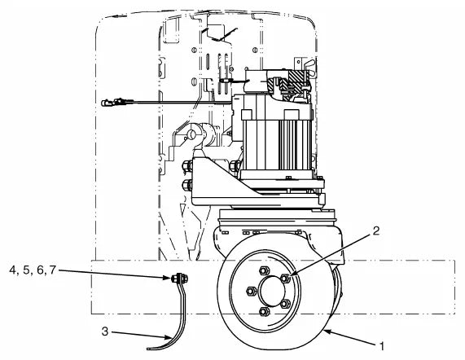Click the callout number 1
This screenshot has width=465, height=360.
tap(382, 346)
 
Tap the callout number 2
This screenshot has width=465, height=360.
tap(375, 231)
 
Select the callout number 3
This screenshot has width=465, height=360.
tap(105, 331)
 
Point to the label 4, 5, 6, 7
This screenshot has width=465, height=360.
tap(33, 270)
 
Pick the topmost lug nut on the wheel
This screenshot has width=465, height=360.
tap(264, 270)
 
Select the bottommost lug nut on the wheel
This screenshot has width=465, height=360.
tap(265, 311)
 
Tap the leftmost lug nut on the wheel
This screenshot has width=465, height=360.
tap(251, 291)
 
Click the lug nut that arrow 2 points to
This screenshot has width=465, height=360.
tap(285, 279)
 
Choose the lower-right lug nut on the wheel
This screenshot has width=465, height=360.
tap(285, 303)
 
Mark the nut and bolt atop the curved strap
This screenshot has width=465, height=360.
tap(179, 279)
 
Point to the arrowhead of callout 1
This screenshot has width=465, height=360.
tap(326, 331)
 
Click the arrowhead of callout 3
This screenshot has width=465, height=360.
tap(169, 337)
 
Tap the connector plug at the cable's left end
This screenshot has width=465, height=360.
tap(112, 103)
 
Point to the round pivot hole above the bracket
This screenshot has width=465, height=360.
tap(192, 135)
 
